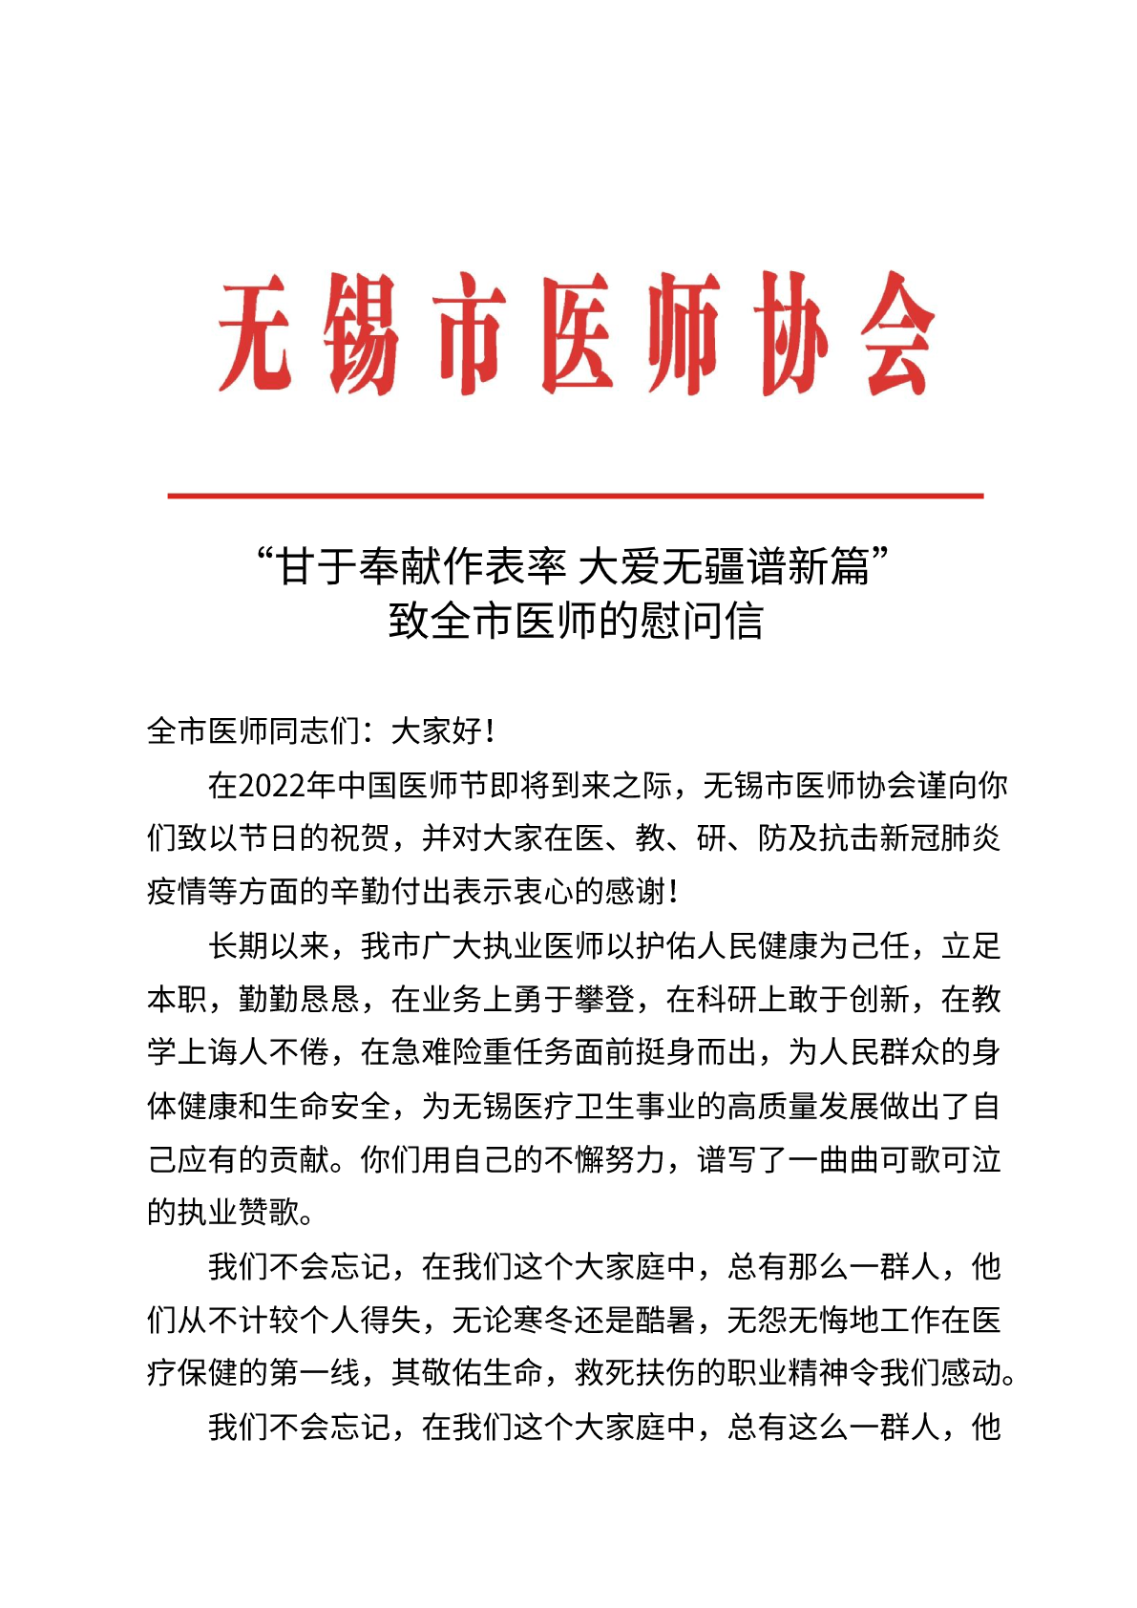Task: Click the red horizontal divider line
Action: click(575, 496)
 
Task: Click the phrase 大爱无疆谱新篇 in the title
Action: click(725, 567)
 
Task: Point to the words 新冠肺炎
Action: click(939, 838)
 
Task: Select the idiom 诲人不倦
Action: click(268, 1053)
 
